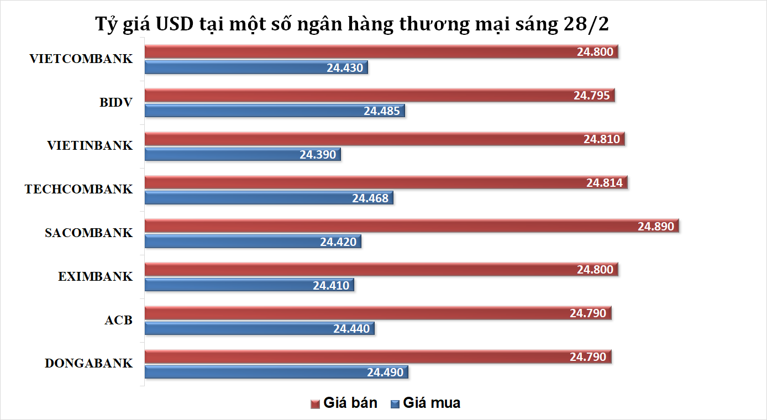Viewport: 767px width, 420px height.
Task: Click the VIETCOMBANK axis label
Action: (81, 59)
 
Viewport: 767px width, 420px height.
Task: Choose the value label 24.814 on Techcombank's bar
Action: (605, 183)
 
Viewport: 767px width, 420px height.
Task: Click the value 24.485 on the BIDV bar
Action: (381, 111)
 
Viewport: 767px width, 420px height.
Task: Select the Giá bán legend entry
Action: (344, 403)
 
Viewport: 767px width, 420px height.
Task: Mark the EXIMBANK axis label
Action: (95, 277)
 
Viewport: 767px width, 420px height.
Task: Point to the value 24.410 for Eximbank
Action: (331, 285)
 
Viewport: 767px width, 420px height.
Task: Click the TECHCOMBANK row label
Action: (78, 190)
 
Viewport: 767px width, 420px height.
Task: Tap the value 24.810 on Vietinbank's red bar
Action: (601, 139)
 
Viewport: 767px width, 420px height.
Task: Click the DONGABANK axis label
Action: (88, 364)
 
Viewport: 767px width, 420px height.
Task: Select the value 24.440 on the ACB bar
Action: (351, 329)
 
